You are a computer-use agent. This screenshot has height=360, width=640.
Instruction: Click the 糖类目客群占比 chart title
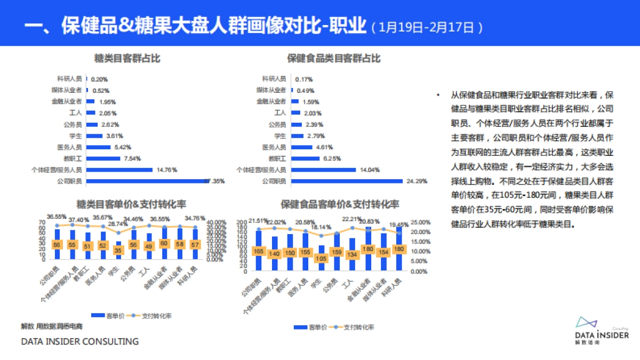click(x=127, y=59)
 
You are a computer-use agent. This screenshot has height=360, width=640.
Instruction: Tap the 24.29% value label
click(x=417, y=181)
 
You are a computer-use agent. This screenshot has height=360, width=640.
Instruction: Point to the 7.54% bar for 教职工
click(x=103, y=158)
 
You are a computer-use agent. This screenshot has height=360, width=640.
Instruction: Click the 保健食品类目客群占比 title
click(x=334, y=59)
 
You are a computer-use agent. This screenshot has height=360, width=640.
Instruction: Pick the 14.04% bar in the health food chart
click(x=323, y=170)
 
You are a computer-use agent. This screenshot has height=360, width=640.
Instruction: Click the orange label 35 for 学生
click(x=118, y=250)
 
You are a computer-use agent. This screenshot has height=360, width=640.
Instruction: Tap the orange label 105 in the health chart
click(x=321, y=258)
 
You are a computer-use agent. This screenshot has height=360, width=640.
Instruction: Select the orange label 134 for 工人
click(x=352, y=254)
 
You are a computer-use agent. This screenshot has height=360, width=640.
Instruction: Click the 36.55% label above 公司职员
click(x=57, y=217)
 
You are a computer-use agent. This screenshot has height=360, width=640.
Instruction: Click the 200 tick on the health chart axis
click(x=242, y=221)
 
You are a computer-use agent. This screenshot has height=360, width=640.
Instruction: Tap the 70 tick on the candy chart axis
click(x=43, y=222)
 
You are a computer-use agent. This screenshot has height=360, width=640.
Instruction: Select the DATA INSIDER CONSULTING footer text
click(x=79, y=341)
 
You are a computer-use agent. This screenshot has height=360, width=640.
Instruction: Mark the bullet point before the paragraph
click(x=438, y=95)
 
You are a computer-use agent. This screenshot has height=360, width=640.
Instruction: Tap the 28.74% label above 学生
click(x=118, y=224)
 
